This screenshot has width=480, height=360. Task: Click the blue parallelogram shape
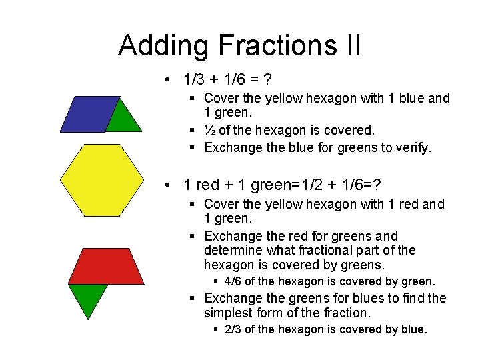click(x=89, y=114)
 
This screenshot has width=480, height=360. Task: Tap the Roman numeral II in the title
click(x=351, y=45)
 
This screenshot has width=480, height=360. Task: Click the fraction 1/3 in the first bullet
click(x=195, y=80)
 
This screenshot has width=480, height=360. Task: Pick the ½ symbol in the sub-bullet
click(x=210, y=130)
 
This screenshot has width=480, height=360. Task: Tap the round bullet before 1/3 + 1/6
click(x=173, y=81)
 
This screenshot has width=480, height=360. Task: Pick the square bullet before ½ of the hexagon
click(x=191, y=131)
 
